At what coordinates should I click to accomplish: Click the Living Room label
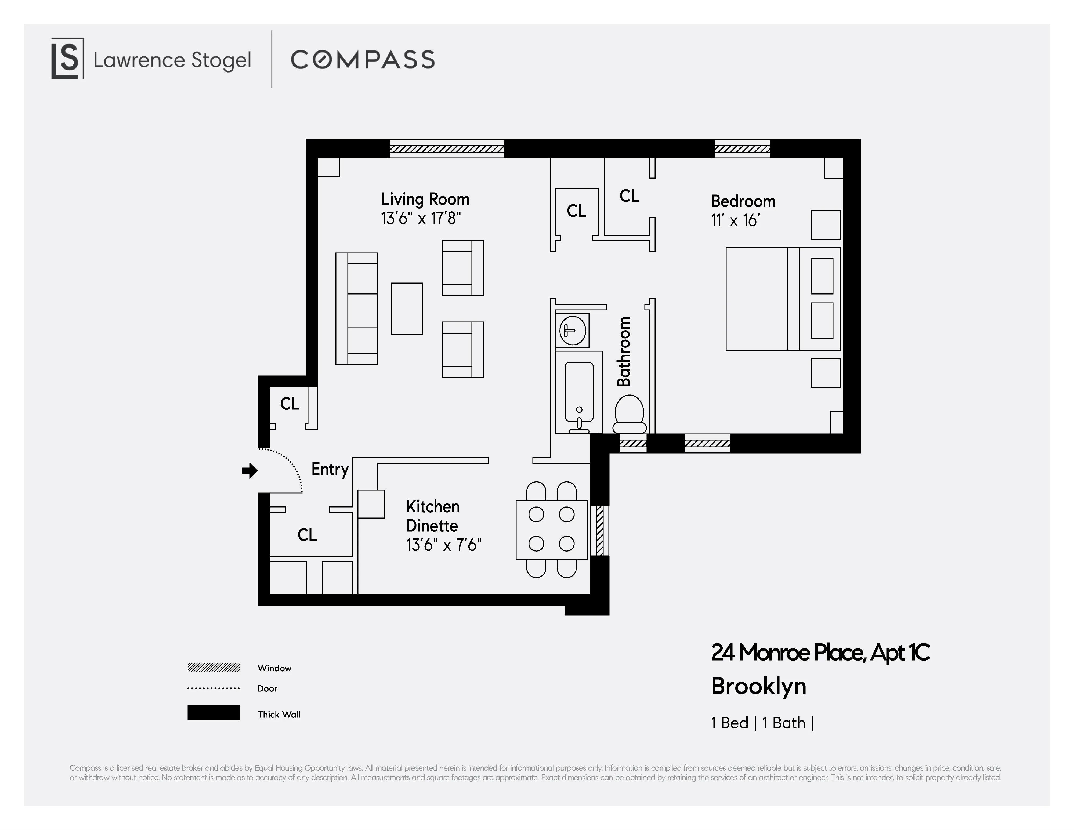click(x=425, y=199)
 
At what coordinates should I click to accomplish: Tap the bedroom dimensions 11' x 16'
click(x=735, y=220)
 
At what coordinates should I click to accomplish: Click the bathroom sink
click(x=572, y=330)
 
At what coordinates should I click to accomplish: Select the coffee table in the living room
click(x=407, y=309)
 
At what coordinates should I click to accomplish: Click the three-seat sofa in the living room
click(x=357, y=309)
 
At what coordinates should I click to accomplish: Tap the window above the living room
click(x=447, y=149)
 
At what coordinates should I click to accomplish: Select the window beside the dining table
click(x=599, y=530)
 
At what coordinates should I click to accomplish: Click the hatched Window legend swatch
click(x=214, y=667)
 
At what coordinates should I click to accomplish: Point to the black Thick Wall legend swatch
click(x=214, y=713)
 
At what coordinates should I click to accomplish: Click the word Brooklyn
click(x=758, y=686)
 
